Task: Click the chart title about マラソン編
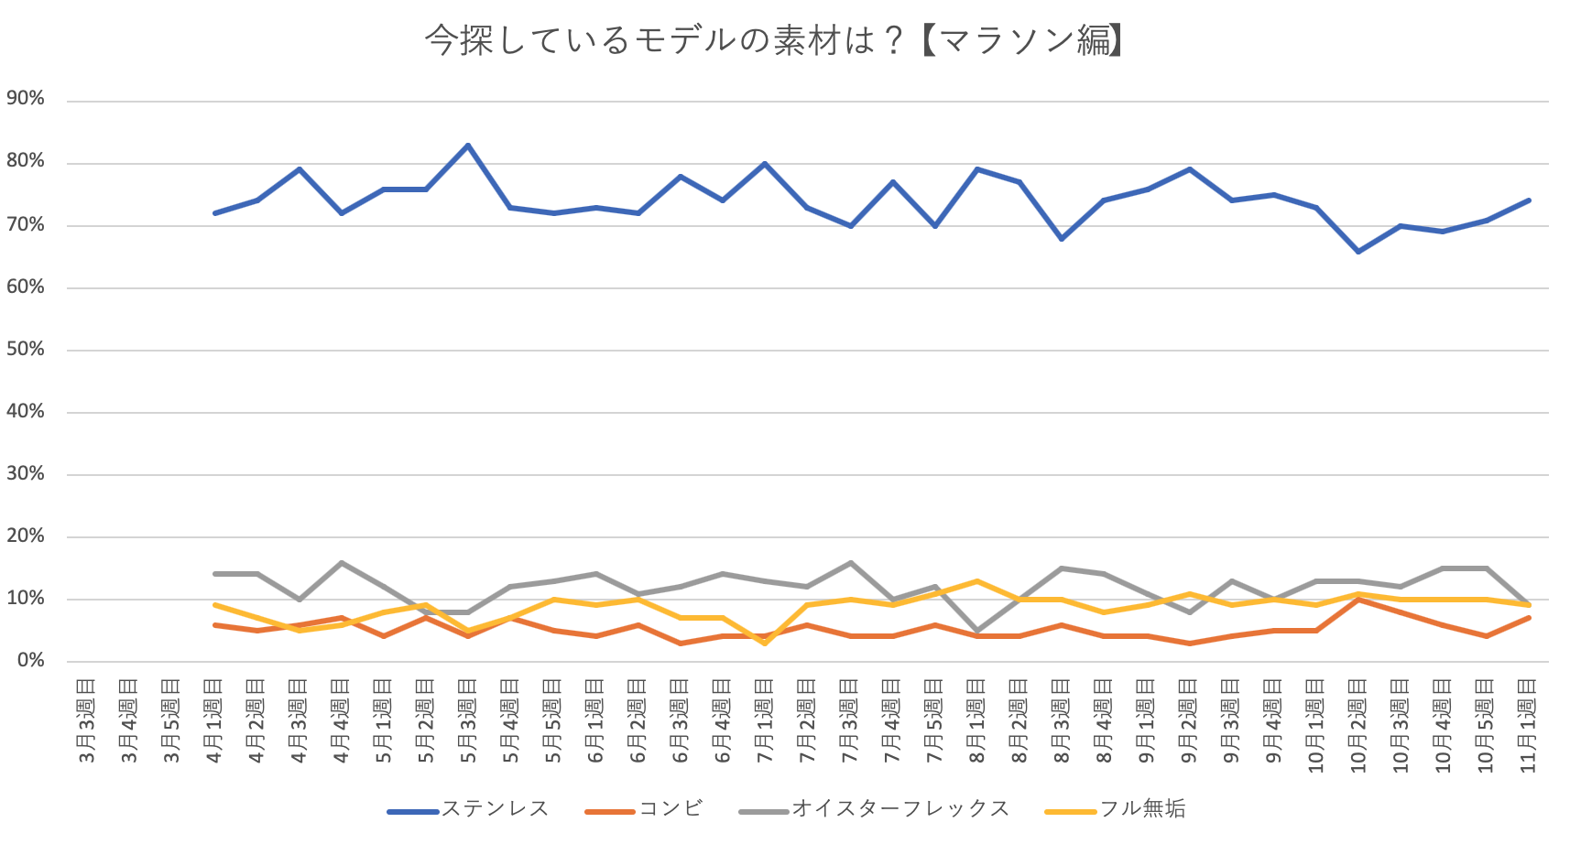775,41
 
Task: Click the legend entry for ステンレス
495,809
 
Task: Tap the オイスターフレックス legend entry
899,809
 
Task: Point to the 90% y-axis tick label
26,99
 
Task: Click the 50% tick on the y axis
26,350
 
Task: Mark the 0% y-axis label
30,661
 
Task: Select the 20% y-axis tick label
26,536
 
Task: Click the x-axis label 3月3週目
86,720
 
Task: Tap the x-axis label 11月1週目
1528,725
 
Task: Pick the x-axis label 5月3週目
468,720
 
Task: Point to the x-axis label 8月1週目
976,720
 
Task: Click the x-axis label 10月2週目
1358,725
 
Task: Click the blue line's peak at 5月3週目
468,145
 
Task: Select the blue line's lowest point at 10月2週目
1358,251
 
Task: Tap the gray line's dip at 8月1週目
976,631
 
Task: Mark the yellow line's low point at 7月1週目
765,643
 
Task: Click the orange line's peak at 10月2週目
1358,600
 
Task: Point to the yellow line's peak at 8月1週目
976,581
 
